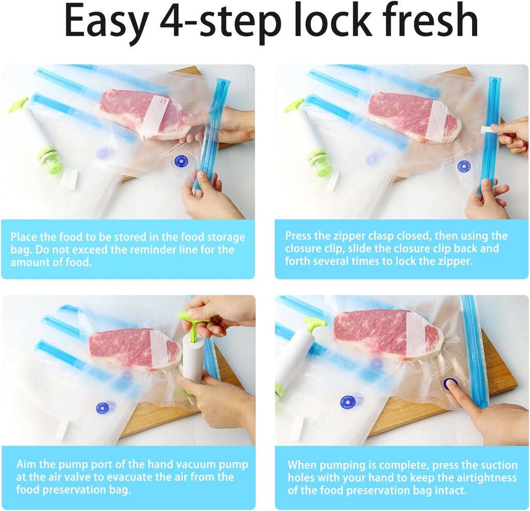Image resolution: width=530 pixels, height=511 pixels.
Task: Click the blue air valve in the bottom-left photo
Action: coord(105,407)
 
